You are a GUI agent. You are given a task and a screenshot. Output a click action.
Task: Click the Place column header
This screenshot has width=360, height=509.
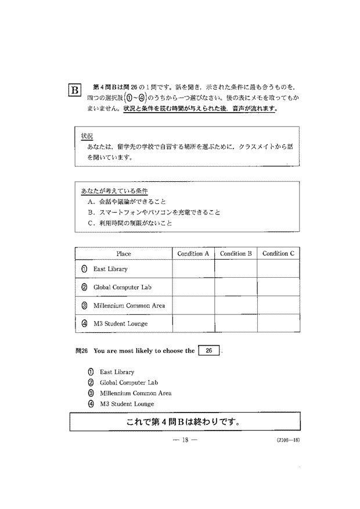click(124, 254)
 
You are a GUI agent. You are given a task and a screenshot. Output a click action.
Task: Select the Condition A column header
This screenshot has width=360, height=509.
click(193, 254)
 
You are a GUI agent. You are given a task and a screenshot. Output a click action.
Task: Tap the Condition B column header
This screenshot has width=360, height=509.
click(236, 254)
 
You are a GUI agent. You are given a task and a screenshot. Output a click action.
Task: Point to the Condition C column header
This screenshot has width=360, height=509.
click(278, 254)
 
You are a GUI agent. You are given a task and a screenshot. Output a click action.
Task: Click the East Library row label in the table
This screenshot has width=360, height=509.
click(110, 269)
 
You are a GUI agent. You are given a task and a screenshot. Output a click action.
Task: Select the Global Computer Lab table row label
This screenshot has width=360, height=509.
click(122, 287)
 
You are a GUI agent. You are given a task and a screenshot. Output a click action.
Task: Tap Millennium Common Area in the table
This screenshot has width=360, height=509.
click(129, 306)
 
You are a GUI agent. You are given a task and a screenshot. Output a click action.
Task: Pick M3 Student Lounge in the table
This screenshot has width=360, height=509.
click(120, 324)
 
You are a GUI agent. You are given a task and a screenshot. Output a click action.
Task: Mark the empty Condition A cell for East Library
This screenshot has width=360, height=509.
click(193, 269)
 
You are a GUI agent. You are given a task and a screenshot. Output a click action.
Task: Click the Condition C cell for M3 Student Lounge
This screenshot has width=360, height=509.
click(278, 324)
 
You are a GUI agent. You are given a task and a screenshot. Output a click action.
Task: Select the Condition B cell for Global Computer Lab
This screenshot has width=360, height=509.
click(236, 287)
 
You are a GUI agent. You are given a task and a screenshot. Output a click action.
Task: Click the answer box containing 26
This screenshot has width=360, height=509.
click(209, 351)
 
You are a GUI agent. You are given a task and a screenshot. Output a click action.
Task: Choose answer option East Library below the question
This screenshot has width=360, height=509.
click(116, 372)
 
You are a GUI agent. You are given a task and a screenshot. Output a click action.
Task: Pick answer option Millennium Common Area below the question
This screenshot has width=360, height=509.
click(135, 393)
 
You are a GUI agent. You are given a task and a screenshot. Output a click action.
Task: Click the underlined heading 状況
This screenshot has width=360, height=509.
click(87, 135)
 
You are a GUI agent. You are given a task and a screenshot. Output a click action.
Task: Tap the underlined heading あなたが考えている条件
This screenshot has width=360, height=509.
click(114, 191)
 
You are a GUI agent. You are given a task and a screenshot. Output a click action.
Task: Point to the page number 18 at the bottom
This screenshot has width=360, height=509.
click(186, 440)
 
